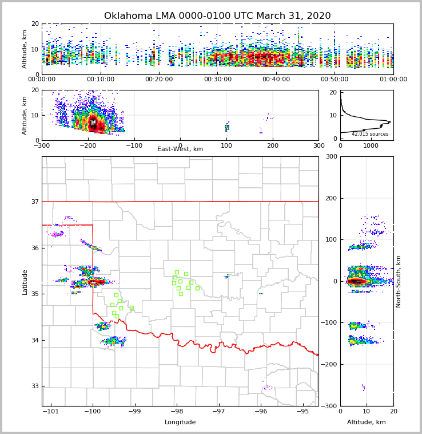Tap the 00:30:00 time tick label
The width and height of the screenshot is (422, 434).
(x=217, y=80)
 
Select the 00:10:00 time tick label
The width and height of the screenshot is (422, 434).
(x=100, y=80)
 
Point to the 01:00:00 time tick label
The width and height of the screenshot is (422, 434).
(x=393, y=80)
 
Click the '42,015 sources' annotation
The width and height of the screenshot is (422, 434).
(x=370, y=134)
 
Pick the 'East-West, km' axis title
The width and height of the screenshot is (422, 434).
(x=180, y=149)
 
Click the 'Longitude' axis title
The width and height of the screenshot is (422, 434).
(x=180, y=423)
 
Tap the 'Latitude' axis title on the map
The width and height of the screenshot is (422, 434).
(x=25, y=282)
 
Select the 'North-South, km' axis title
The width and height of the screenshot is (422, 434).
(x=399, y=281)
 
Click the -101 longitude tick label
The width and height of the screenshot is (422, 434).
(x=51, y=412)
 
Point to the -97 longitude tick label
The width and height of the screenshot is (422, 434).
(x=218, y=412)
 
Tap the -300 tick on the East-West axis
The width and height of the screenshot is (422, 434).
(x=42, y=145)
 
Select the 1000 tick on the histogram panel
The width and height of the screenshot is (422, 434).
(x=371, y=145)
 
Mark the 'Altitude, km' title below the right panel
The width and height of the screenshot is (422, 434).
(x=367, y=423)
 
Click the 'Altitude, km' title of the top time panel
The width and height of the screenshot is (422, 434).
(x=25, y=49)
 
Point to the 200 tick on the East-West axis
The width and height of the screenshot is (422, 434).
(x=272, y=145)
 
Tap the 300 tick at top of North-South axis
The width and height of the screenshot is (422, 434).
(x=331, y=156)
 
